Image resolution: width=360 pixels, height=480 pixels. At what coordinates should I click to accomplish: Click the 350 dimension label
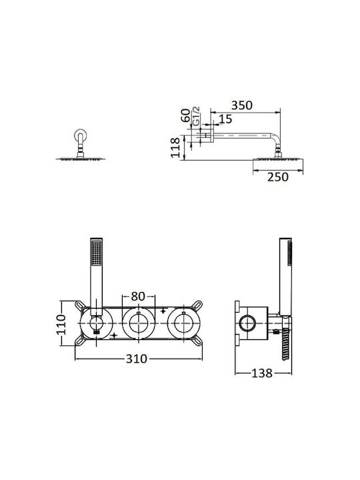[x=242, y=105]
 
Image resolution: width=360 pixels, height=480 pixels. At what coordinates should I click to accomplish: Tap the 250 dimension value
[x=277, y=177]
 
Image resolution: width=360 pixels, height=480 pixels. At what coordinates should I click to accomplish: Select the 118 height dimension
[x=175, y=147]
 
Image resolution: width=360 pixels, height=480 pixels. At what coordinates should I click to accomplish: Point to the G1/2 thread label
[x=196, y=116]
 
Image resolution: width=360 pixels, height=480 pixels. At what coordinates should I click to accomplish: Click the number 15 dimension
[x=225, y=119]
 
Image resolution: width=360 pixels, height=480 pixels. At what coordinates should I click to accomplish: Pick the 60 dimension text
[x=185, y=115]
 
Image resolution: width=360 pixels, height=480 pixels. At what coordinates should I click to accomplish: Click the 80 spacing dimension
[x=138, y=296]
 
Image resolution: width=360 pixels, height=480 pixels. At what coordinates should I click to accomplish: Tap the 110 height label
[x=61, y=324]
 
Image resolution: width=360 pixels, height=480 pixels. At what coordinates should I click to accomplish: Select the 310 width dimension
[x=137, y=359]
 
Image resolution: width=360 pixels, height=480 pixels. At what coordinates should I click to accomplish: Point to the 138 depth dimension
[x=262, y=373]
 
